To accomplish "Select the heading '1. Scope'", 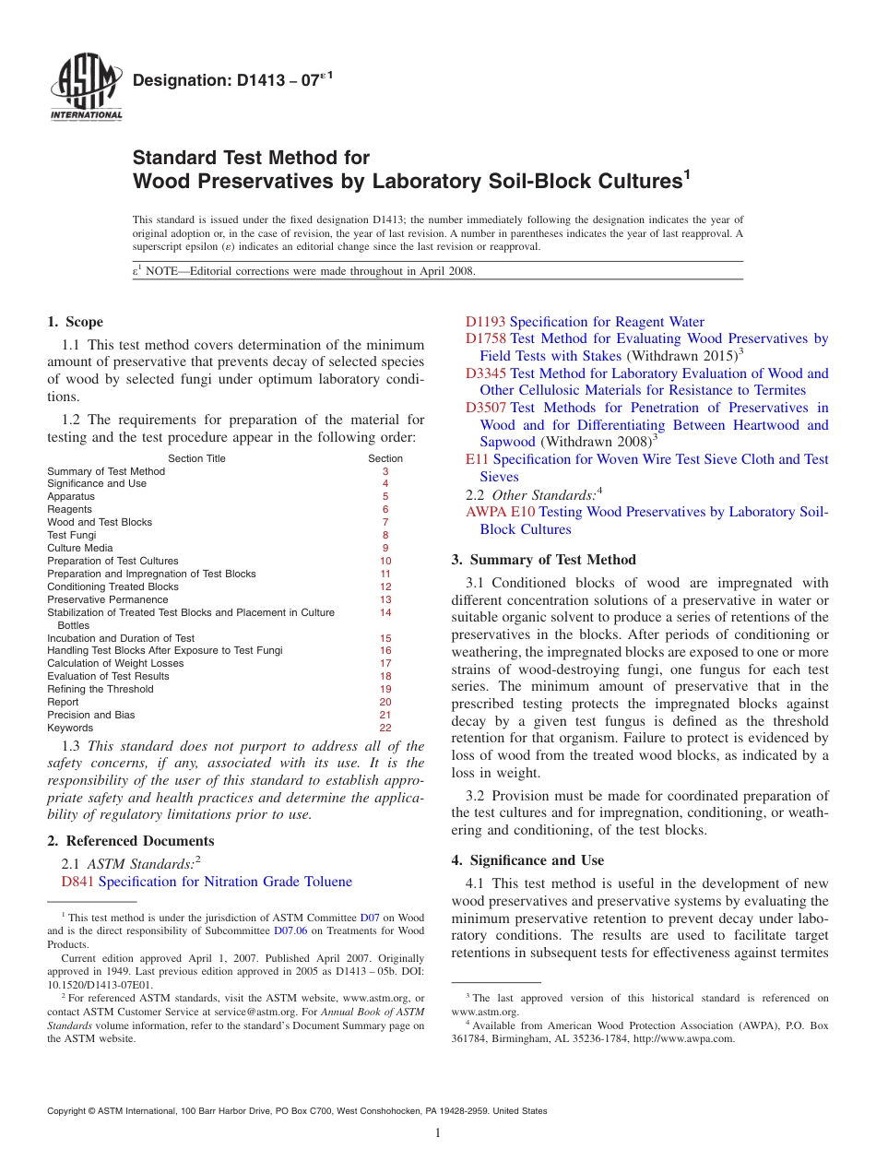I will tap(75, 322).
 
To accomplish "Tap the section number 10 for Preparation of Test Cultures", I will tap(385, 561).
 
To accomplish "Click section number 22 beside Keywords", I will tap(385, 728).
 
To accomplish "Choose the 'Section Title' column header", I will tap(196, 458).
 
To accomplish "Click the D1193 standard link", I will tap(485, 322).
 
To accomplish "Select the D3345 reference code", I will tap(486, 373).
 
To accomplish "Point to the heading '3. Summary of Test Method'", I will tap(543, 560).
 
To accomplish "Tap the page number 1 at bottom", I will tap(437, 1132).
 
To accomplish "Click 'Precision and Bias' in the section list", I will tap(90, 715).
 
